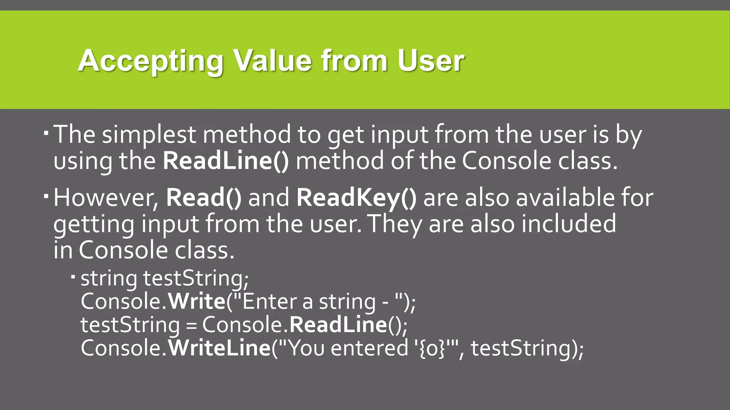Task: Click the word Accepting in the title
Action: [x=150, y=61]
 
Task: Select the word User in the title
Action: [x=431, y=61]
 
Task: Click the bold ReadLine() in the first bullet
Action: [x=226, y=161]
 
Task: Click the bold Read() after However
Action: [x=204, y=198]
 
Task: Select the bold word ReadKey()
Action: [x=356, y=198]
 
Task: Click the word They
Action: [x=395, y=224]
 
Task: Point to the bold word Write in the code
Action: [x=196, y=301]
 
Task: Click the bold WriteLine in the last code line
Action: [x=219, y=348]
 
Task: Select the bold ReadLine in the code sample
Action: [x=338, y=325]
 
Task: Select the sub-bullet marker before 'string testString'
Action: [x=73, y=276]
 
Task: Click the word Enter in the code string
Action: [x=270, y=301]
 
